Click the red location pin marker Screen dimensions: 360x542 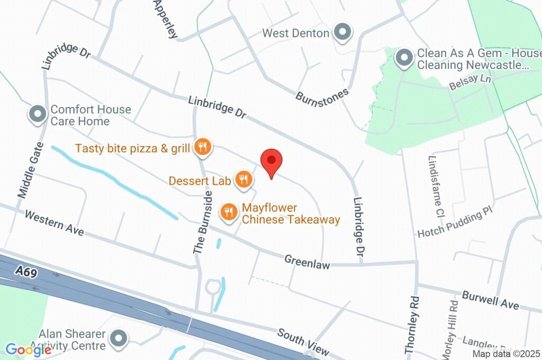tap(272, 161)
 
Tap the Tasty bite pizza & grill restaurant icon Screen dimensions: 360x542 tap(202, 148)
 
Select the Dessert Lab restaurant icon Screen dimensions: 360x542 tap(243, 180)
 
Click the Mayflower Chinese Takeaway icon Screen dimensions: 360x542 tap(229, 212)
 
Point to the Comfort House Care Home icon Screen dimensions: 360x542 tap(38, 114)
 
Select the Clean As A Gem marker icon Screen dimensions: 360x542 tap(405, 58)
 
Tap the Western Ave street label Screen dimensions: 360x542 tap(54, 223)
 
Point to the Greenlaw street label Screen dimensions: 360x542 tap(307, 261)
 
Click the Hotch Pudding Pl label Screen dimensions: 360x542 tap(455, 224)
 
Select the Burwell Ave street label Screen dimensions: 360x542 tap(490, 300)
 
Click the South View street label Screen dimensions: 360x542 tap(303, 342)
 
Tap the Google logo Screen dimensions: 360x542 tap(28, 349)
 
